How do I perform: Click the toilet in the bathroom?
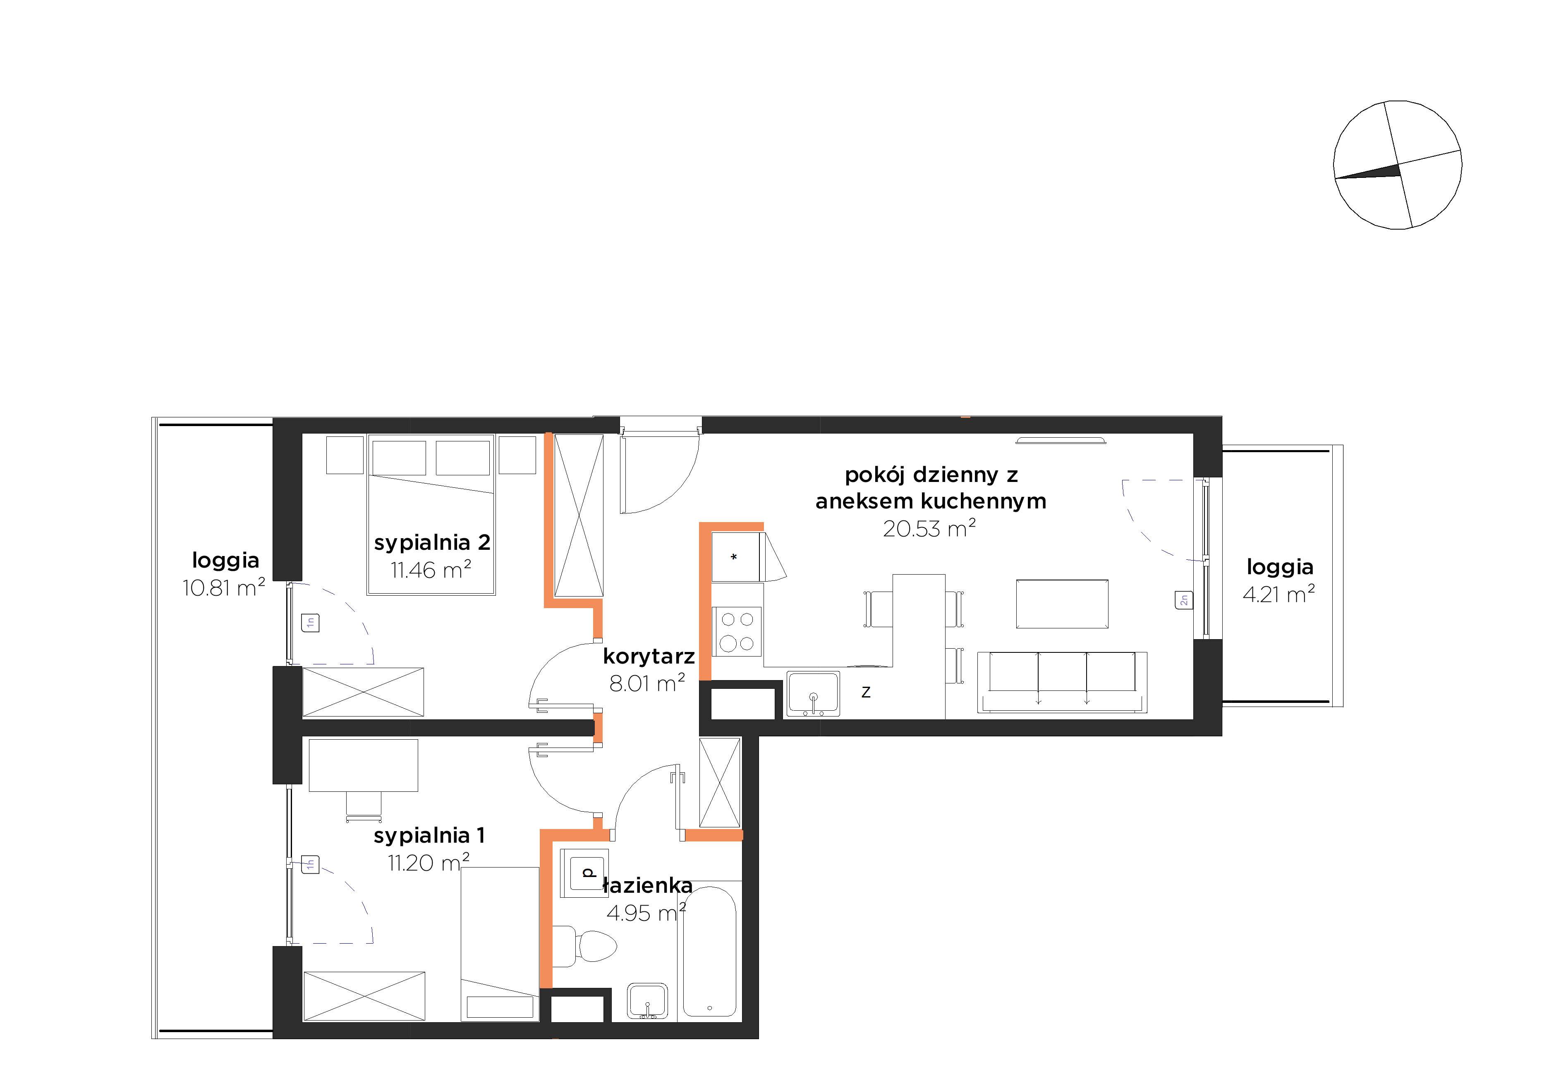tap(585, 945)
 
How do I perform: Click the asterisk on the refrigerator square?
tap(734, 558)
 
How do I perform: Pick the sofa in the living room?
tap(1062, 682)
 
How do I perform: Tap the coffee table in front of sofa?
tap(1062, 604)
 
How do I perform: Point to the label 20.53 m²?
tap(929, 528)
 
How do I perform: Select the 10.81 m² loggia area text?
tap(224, 587)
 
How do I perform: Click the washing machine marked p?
tap(584, 872)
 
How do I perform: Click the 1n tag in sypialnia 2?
tap(311, 622)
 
